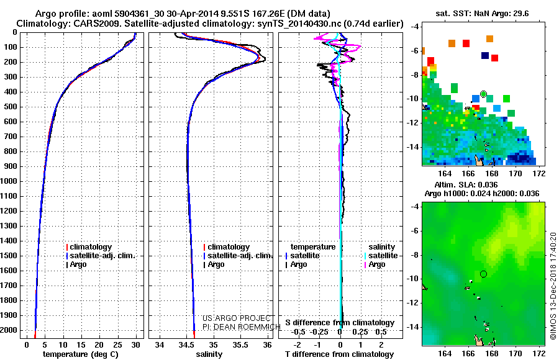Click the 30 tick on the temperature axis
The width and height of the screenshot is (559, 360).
coord(136,344)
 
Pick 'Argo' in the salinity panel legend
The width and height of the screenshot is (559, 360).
coord(216,264)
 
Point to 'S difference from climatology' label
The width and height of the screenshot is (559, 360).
coord(340,323)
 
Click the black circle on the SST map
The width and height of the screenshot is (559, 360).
coord(483,94)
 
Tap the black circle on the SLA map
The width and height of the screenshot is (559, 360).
coord(483,274)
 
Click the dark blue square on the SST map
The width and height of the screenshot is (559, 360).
coord(485,55)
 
